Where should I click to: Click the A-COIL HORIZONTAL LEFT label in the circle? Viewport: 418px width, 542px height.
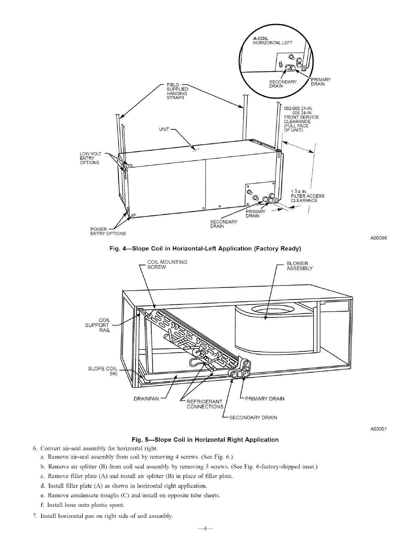pyautogui.click(x=272, y=40)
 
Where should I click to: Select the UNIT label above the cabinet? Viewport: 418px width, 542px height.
pyautogui.click(x=164, y=129)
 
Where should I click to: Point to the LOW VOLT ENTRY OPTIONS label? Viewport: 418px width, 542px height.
pyautogui.click(x=89, y=158)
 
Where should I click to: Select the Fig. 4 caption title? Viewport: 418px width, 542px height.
pyautogui.click(x=205, y=248)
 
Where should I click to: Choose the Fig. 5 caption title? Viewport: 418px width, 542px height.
pyautogui.click(x=205, y=439)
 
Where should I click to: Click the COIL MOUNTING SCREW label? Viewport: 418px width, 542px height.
pyautogui.click(x=167, y=264)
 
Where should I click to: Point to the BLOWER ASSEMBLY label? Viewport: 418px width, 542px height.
pyautogui.click(x=299, y=266)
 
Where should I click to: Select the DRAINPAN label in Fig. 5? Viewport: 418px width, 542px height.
pyautogui.click(x=146, y=399)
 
